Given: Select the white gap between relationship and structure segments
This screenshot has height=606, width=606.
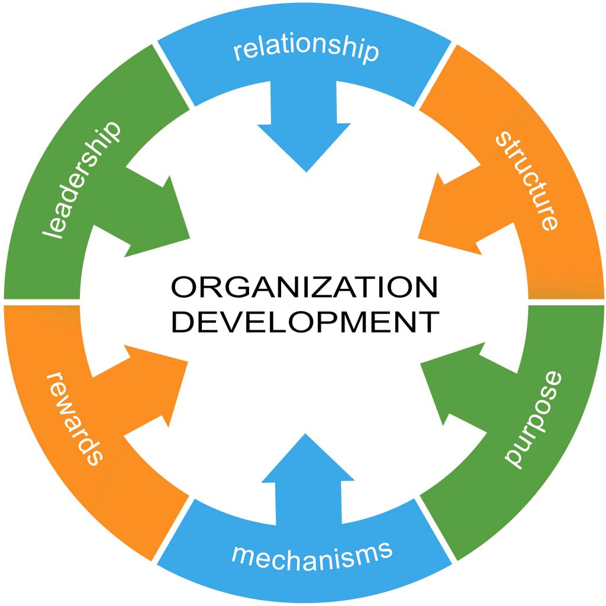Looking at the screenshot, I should click(x=436, y=75).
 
